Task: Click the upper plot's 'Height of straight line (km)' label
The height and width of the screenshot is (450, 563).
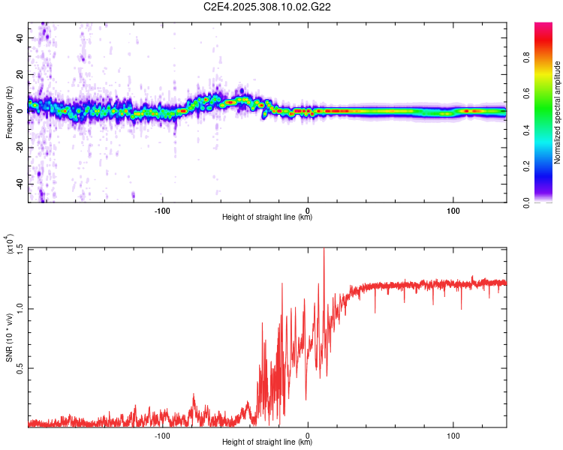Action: tap(267, 217)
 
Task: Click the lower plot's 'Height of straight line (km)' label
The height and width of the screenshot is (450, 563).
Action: tap(267, 442)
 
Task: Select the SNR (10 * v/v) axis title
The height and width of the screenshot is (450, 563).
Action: tap(9, 337)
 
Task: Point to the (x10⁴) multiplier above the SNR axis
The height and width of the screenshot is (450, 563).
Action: tap(9, 244)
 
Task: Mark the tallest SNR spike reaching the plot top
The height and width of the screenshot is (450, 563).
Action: tap(324, 250)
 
